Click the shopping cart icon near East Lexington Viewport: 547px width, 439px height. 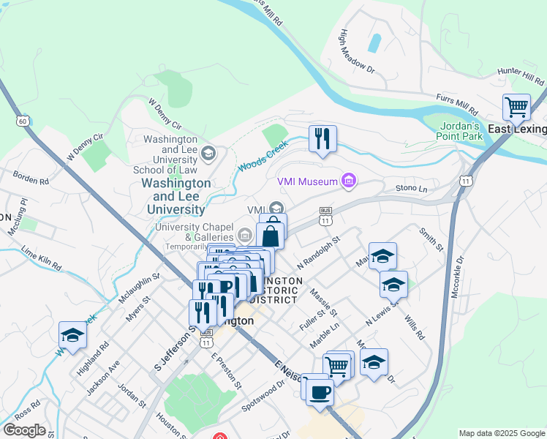pos(516,108)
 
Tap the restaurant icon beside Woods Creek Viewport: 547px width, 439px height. pos(322,138)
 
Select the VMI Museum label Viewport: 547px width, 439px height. pos(307,181)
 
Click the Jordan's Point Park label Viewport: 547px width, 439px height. pos(461,131)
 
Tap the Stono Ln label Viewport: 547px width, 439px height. pos(411,189)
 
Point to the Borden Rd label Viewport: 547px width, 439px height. pos(31,177)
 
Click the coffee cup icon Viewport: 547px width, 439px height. pos(319,391)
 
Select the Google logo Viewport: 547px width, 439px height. pos(24,430)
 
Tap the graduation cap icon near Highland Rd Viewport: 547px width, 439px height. pos(73,335)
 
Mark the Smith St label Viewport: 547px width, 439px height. pos(431,239)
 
